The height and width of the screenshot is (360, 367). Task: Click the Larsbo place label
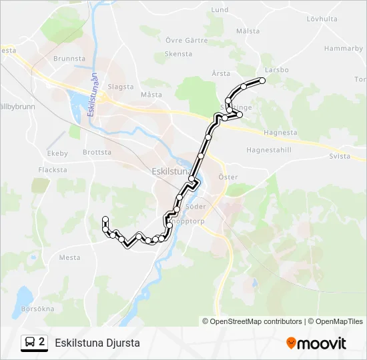click(x=276, y=69)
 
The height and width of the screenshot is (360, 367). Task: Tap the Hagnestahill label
click(x=270, y=150)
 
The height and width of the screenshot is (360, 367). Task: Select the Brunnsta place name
click(x=70, y=59)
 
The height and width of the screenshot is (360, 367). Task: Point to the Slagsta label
click(x=121, y=87)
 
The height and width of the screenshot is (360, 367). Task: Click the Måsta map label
click(x=151, y=95)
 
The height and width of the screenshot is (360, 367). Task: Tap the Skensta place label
click(x=178, y=54)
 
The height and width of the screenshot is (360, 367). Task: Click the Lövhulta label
click(x=322, y=19)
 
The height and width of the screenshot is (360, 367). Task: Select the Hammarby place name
click(x=343, y=49)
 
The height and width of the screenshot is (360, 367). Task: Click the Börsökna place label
click(x=37, y=309)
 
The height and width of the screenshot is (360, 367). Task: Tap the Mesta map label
click(x=69, y=257)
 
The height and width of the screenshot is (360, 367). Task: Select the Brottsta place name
click(x=97, y=152)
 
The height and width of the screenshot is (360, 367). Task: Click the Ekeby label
click(x=57, y=153)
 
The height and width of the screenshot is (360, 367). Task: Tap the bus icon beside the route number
click(x=29, y=343)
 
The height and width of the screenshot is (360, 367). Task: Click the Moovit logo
click(x=316, y=343)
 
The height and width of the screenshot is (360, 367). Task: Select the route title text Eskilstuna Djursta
click(x=97, y=343)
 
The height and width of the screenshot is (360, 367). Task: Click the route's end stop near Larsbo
click(x=262, y=81)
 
